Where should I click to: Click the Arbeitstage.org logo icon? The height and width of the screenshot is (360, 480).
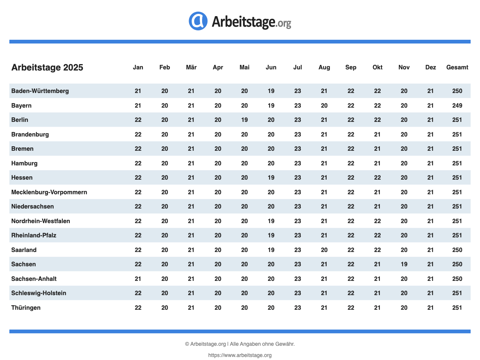coord(198,21)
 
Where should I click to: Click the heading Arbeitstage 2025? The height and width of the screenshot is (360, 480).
coord(47,67)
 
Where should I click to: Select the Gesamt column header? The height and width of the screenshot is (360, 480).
coord(457,67)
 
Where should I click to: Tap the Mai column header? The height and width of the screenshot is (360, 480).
coord(244,67)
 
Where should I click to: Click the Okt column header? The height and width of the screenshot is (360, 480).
coord(377,67)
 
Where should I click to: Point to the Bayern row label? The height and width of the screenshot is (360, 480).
coord(21,105)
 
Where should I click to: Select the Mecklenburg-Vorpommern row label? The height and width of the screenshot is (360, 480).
coord(49,192)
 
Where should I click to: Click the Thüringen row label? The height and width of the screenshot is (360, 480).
coord(26,307)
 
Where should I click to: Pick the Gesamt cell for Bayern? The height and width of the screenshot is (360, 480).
coord(457,105)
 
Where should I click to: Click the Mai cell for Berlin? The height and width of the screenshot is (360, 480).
coord(244,120)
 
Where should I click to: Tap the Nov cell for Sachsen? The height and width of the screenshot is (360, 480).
coord(404,264)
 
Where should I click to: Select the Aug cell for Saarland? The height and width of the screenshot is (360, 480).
coord(324,250)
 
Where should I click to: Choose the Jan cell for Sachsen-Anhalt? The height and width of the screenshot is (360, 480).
coord(138,279)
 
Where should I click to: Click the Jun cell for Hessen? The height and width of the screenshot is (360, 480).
coord(271,178)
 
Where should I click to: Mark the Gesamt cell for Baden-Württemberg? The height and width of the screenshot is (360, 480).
coord(457,91)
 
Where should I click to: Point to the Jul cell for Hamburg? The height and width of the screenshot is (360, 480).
coord(297,163)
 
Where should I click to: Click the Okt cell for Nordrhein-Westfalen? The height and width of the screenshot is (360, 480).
coord(377,221)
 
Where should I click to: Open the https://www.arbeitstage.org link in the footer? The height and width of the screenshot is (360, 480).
coord(240,355)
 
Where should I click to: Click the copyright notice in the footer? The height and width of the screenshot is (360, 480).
coord(240,344)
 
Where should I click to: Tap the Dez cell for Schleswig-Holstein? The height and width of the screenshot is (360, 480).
coord(430,293)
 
